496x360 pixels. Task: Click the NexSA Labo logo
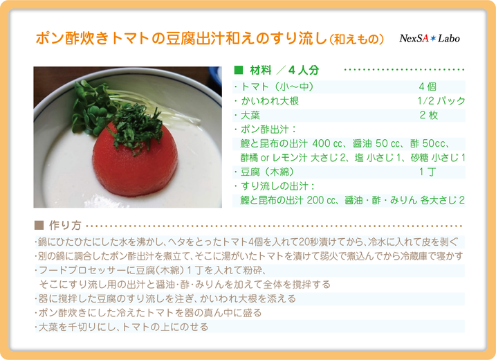point(430,38)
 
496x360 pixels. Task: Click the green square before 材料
point(239,70)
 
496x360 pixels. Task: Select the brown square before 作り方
point(39,225)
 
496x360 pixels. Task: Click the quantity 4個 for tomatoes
point(428,87)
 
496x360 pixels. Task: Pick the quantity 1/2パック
point(441,100)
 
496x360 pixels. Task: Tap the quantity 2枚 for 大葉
point(429,115)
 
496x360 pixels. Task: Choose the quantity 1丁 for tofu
point(428,172)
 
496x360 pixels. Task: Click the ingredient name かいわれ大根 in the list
point(270,100)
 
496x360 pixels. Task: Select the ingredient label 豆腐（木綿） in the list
point(267,172)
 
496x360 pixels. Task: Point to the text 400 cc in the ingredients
point(327,143)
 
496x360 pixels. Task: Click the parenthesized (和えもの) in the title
point(357,39)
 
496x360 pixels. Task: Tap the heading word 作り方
point(66,225)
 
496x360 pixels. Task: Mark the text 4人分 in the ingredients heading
point(304,70)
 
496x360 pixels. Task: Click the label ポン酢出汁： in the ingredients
point(268,129)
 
